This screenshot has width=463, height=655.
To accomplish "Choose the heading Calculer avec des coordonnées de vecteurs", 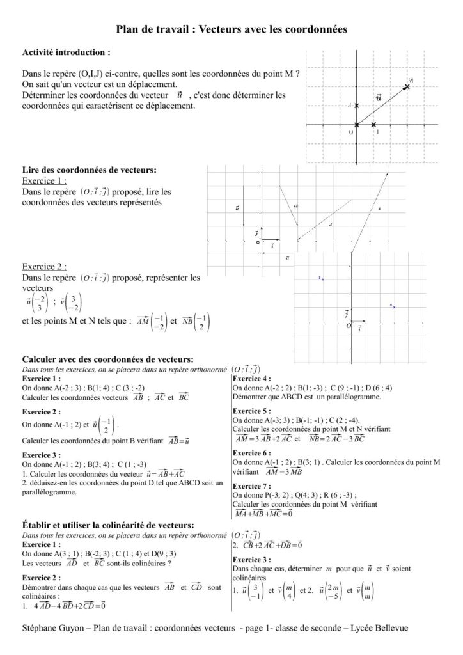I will pos(107,360).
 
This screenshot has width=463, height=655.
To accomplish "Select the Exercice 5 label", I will pos(251,411).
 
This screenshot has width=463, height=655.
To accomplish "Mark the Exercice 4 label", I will pos(251,378).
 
